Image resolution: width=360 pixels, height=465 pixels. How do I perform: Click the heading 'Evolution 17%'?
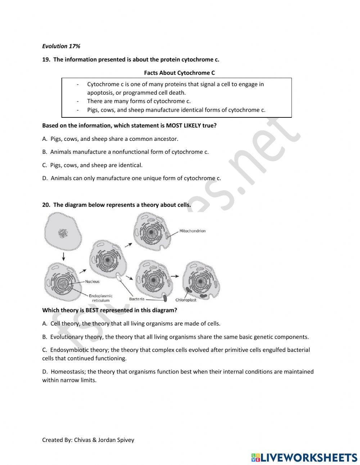61,46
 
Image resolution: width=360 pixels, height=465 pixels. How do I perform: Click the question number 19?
46,59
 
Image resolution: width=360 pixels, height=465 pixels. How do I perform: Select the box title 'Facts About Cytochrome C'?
179,73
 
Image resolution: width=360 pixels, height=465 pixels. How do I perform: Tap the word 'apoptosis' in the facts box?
100,93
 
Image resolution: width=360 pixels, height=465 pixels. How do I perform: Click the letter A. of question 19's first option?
45,139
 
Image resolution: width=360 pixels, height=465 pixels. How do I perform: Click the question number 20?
46,205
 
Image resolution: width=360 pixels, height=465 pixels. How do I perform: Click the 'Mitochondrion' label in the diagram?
192,231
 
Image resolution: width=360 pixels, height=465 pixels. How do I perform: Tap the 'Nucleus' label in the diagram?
92,281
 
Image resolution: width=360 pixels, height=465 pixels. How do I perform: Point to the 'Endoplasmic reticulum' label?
100,298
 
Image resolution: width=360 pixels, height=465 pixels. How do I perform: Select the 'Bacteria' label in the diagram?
137,299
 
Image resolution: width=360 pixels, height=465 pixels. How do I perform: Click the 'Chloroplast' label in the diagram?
186,300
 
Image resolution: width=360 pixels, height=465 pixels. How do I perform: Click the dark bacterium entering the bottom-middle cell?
165,298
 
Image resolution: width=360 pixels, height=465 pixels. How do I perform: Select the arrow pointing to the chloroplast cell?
175,277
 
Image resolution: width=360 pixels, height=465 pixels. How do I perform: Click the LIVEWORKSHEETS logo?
304,457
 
